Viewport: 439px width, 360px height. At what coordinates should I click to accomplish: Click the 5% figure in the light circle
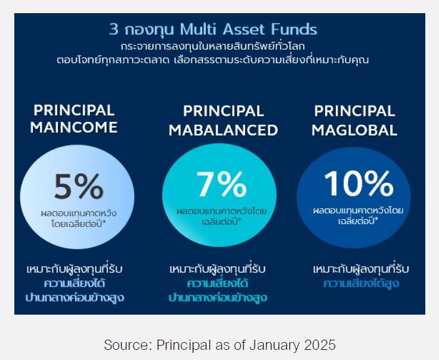pos(79,186)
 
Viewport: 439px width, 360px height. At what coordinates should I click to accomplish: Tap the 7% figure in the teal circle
pos(221,184)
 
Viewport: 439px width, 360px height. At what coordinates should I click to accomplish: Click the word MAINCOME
pos(74,127)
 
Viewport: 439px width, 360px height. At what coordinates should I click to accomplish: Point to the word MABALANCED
pos(224,130)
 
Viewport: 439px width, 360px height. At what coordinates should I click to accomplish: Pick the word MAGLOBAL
pos(354,130)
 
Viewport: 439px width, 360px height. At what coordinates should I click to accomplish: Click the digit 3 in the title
pos(113,29)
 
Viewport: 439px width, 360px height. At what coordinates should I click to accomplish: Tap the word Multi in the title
pos(199,29)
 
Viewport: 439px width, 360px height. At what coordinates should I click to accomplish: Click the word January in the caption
pos(274,345)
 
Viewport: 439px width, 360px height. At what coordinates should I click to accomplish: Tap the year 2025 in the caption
pos(320,344)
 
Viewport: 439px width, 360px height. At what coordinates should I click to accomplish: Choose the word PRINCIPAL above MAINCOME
pos(74,110)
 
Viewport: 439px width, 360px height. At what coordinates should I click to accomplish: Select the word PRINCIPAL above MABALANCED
pos(224,111)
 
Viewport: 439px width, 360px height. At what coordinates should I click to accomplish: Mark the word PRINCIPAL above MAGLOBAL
pos(354,111)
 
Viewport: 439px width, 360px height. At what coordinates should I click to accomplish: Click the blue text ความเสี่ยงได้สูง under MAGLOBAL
pos(361,284)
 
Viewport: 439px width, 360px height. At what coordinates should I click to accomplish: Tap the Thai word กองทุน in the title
pos(149,30)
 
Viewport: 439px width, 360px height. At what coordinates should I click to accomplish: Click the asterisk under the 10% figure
pos(376,219)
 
